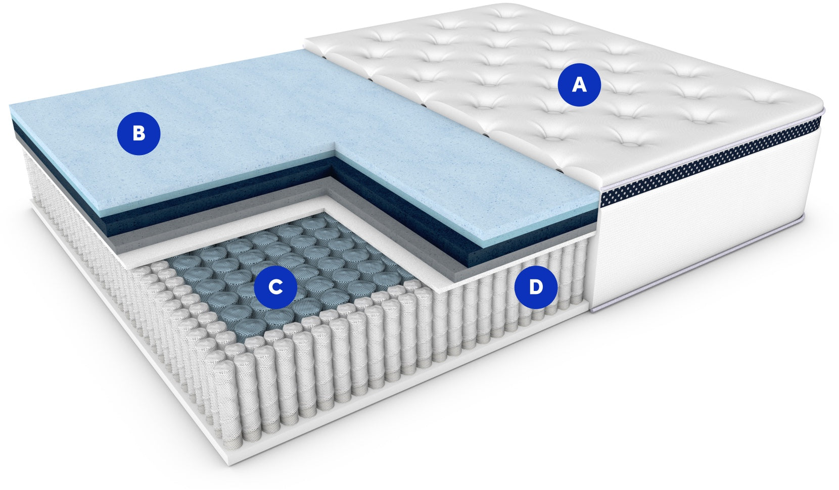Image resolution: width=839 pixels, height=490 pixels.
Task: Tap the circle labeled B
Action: click(138, 133)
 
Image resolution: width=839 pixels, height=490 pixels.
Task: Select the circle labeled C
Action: click(275, 287)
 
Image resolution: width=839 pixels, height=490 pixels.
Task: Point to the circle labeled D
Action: click(536, 287)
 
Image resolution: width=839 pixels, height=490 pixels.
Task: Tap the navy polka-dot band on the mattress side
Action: click(712, 161)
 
